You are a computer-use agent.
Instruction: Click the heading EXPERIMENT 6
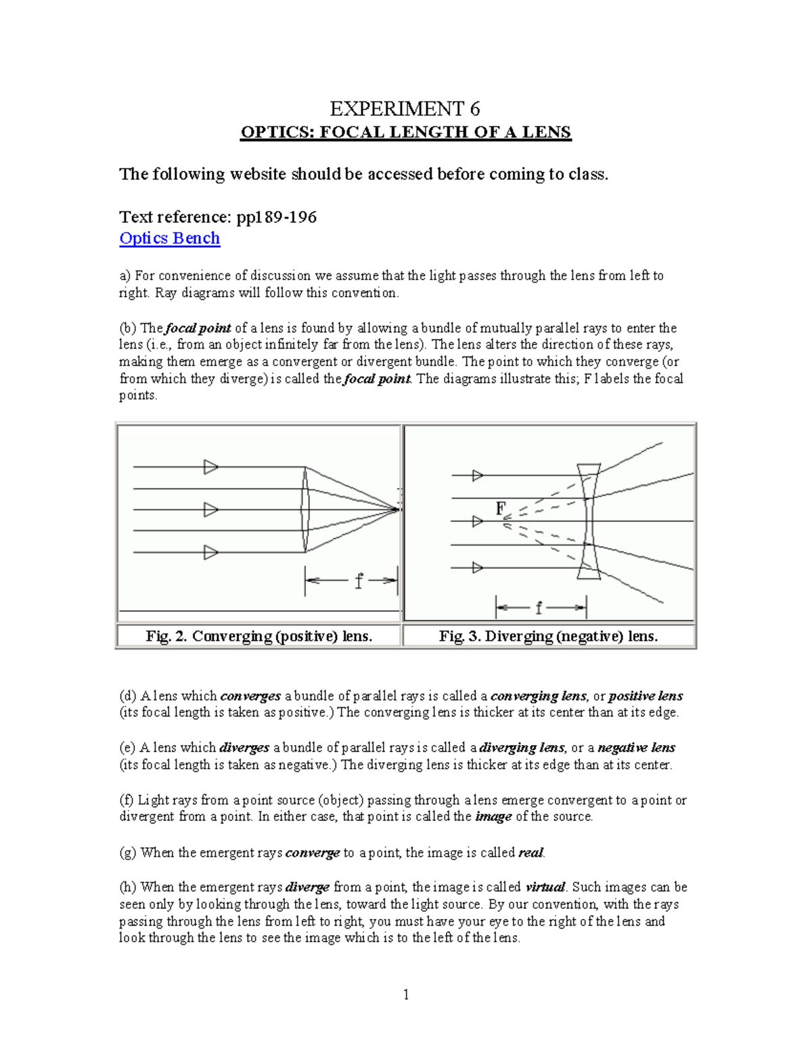pyautogui.click(x=405, y=108)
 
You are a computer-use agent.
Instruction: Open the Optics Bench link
pyautogui.click(x=169, y=238)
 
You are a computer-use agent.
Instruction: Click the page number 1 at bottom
pyautogui.click(x=406, y=994)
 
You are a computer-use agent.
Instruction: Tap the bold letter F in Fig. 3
pyautogui.click(x=501, y=508)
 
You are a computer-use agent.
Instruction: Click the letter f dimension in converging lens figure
pyautogui.click(x=359, y=581)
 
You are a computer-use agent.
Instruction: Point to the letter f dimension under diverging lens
pyautogui.click(x=539, y=608)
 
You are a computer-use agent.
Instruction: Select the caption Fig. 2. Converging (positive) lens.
pyautogui.click(x=259, y=636)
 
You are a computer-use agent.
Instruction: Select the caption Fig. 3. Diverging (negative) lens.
pyautogui.click(x=549, y=636)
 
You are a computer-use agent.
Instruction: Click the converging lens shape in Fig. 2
pyautogui.click(x=305, y=510)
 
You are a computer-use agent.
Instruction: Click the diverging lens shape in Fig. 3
pyautogui.click(x=588, y=521)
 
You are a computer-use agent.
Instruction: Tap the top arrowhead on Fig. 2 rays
pyautogui.click(x=211, y=467)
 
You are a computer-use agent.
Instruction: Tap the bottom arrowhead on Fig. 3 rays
pyautogui.click(x=478, y=567)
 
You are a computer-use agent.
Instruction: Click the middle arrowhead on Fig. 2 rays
pyautogui.click(x=211, y=510)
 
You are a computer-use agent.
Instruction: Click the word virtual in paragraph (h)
pyautogui.click(x=545, y=887)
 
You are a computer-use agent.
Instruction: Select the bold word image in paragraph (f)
pyautogui.click(x=493, y=817)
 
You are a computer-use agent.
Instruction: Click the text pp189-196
pyautogui.click(x=276, y=217)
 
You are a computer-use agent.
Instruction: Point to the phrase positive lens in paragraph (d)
pyautogui.click(x=646, y=696)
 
